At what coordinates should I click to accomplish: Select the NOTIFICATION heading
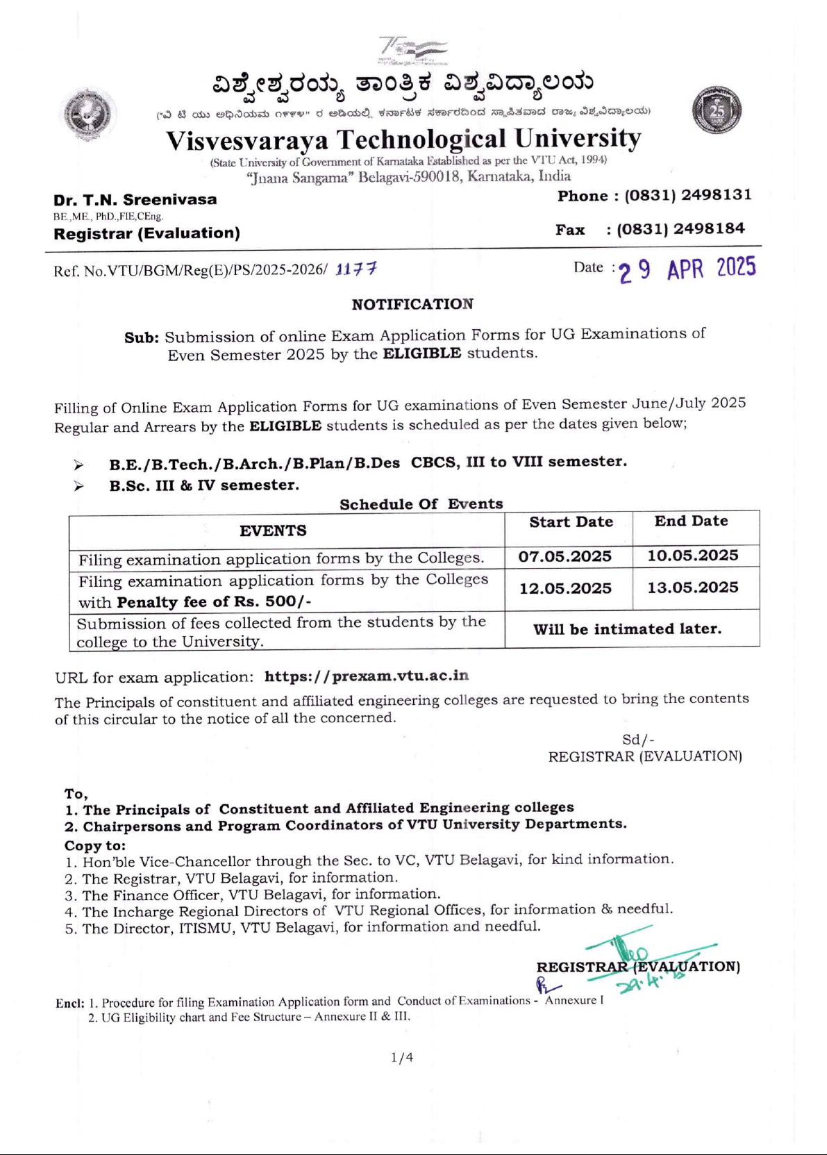click(x=412, y=304)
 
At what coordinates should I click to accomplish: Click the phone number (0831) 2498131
click(x=688, y=195)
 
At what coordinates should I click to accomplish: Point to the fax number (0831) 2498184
click(x=680, y=228)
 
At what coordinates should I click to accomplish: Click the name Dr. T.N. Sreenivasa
click(x=135, y=200)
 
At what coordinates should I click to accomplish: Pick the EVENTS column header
click(x=273, y=531)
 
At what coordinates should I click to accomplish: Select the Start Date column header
click(x=571, y=522)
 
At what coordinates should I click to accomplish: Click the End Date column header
click(x=691, y=521)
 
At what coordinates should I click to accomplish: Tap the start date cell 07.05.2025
click(x=565, y=556)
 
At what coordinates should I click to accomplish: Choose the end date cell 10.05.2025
click(x=693, y=556)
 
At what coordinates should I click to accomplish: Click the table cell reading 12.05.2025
click(x=565, y=588)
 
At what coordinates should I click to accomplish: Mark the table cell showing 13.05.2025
click(x=693, y=588)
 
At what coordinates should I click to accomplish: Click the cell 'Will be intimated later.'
click(x=627, y=629)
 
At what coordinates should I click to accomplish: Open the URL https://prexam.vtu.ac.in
click(x=367, y=676)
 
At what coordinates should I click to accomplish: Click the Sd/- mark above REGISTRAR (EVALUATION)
click(x=638, y=740)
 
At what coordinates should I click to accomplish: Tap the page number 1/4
click(x=402, y=1057)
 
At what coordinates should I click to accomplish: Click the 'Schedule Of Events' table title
click(x=421, y=504)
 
